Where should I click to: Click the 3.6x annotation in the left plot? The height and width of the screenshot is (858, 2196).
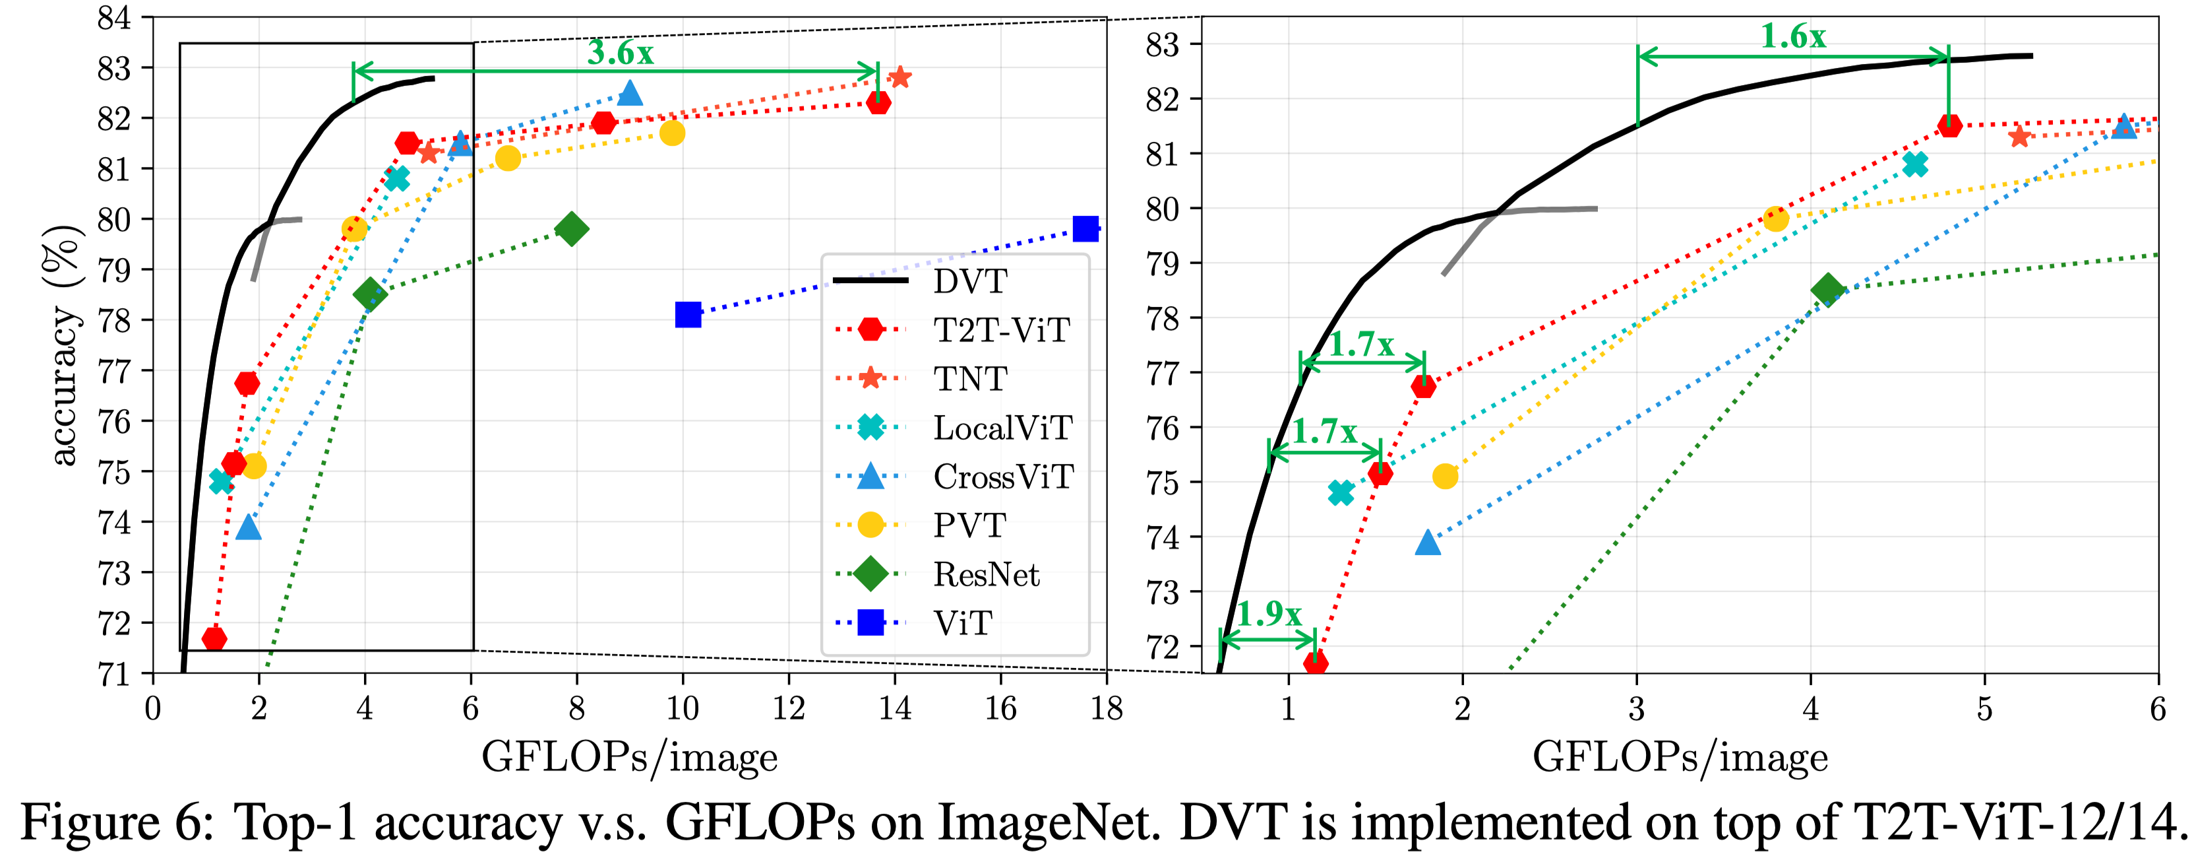point(620,53)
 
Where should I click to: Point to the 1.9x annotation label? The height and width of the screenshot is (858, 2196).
point(1269,613)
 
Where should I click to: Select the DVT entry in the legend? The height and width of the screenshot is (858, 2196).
point(970,280)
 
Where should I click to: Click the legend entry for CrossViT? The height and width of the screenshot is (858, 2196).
point(1002,476)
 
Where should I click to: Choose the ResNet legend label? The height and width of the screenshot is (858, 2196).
point(987,574)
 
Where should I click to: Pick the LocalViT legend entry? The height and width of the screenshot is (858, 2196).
point(1002,427)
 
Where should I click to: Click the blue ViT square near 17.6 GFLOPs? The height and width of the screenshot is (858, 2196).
point(1085,228)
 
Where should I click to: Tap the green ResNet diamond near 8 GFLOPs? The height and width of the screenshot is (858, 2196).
point(571,228)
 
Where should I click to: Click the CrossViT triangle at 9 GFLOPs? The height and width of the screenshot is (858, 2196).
point(630,93)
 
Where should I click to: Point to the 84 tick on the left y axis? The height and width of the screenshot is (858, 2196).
point(113,18)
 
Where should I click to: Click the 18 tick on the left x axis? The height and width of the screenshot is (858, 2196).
point(1106,708)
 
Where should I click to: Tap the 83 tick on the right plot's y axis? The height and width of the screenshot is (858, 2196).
point(1162,44)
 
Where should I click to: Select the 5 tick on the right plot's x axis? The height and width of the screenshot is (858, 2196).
point(1984,708)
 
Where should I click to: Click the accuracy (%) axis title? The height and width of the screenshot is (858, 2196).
point(63,345)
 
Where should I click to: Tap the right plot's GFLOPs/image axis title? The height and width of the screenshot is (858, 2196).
point(1680,758)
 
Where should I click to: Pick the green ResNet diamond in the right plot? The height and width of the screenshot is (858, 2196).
point(1827,290)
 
